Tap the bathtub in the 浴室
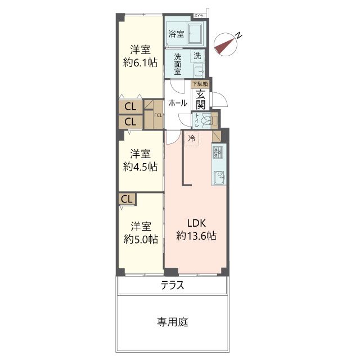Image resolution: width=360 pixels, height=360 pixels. [196, 33]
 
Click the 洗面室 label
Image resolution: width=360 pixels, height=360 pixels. [177, 64]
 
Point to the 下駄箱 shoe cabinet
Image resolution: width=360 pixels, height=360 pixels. [200, 84]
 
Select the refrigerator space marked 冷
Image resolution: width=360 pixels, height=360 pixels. [192, 138]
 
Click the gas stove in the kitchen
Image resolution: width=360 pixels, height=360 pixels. [218, 152]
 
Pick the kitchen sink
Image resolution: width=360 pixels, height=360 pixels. [218, 177]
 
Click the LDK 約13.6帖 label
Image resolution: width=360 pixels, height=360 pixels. [196, 229]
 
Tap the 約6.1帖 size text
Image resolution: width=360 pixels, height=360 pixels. [140, 63]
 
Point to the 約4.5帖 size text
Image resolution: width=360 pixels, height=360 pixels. [140, 166]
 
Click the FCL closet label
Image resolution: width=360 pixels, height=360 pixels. [158, 116]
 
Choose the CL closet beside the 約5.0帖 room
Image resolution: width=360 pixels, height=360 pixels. [127, 199]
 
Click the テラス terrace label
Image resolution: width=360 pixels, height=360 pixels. [172, 285]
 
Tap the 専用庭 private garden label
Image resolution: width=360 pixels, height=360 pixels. [172, 322]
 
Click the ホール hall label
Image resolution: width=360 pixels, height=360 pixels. [178, 103]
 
